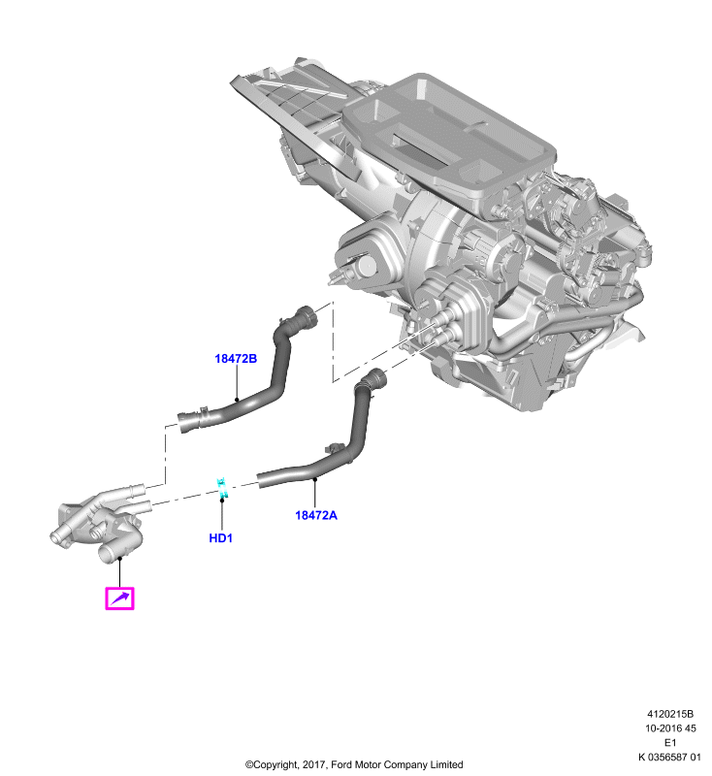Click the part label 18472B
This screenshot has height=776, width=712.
(236, 358)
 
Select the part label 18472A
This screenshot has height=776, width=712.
(316, 515)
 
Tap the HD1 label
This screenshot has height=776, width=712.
(220, 538)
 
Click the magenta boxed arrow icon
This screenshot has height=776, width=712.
(119, 598)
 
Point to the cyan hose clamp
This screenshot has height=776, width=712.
(222, 488)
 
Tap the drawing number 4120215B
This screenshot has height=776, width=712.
(670, 714)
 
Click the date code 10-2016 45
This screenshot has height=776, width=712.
(670, 728)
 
